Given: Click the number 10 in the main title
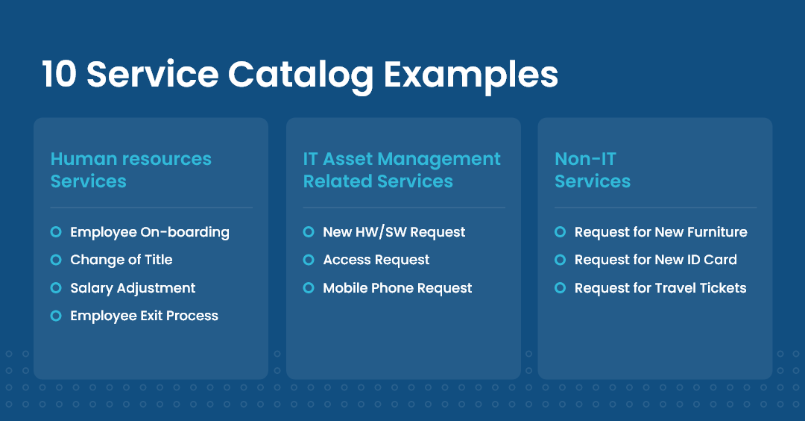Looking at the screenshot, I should pyautogui.click(x=58, y=75).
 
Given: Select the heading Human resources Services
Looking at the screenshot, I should pyautogui.click(x=130, y=170).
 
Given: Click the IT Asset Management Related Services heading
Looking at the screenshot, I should pyautogui.click(x=401, y=170).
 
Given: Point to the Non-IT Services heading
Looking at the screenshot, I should pyautogui.click(x=592, y=170).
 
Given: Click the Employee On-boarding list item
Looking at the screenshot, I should pyautogui.click(x=149, y=232).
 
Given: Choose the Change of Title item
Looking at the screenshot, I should pyautogui.click(x=121, y=260).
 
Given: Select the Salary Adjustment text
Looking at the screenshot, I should pyautogui.click(x=133, y=288).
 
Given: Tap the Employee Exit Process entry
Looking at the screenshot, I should pyautogui.click(x=144, y=316).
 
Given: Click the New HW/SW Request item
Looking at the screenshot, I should pyautogui.click(x=394, y=232).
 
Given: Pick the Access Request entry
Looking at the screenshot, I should pyautogui.click(x=376, y=260).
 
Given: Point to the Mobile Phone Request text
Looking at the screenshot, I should pyautogui.click(x=397, y=288).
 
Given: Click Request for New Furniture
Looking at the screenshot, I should pyautogui.click(x=660, y=232).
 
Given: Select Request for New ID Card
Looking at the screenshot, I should pyautogui.click(x=655, y=260).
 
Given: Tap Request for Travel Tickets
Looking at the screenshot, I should pyautogui.click(x=660, y=288).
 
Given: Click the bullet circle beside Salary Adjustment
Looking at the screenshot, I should pyautogui.click(x=56, y=288).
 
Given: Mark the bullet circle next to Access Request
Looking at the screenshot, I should pyautogui.click(x=309, y=260).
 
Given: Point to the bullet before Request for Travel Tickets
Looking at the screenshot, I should pyautogui.click(x=560, y=288).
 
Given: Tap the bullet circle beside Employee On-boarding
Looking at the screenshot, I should pyautogui.click(x=56, y=232).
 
